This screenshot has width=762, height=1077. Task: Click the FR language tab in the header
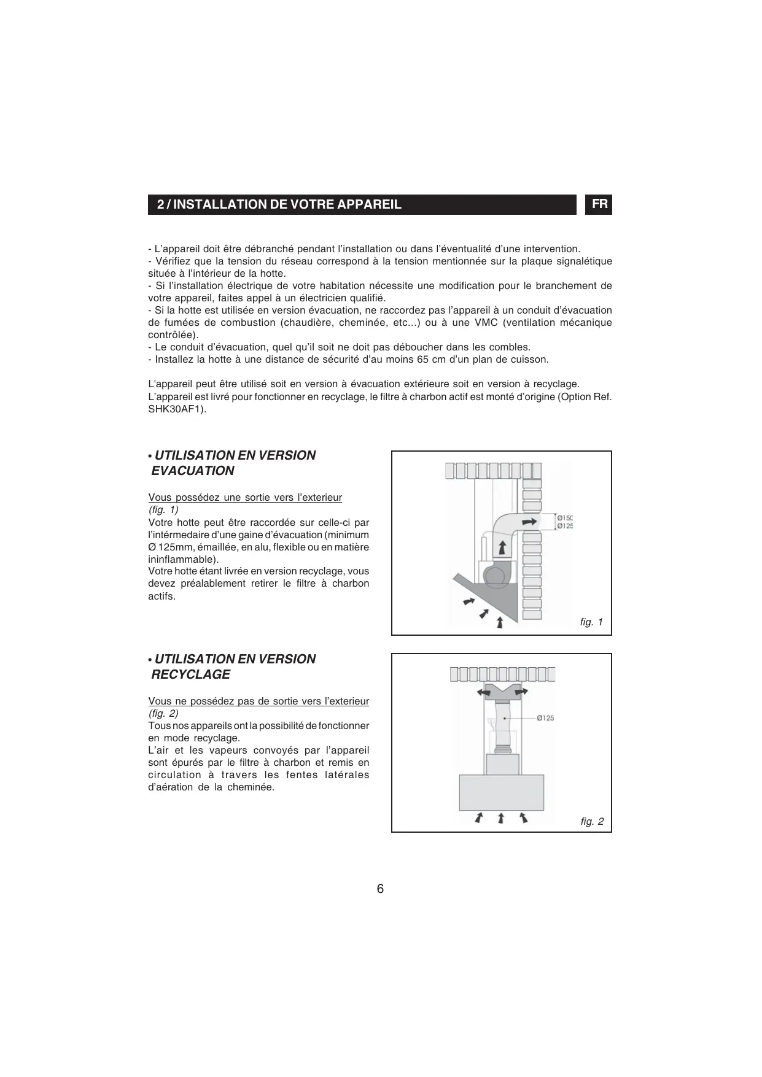coord(599,204)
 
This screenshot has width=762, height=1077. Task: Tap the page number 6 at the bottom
coord(380,889)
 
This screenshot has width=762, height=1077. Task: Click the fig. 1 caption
coord(591,622)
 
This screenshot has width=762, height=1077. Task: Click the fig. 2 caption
coord(592,821)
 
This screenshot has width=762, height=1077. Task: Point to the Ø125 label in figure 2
coord(545,718)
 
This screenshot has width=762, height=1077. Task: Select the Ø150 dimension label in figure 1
coord(565,518)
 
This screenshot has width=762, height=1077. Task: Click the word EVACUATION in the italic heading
coord(193,471)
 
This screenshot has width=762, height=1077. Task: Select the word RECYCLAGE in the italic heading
coord(191,674)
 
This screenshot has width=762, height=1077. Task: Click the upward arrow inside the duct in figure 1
coord(502,547)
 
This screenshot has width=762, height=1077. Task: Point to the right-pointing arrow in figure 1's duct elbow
coord(528,522)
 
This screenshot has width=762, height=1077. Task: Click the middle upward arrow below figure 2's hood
coord(501,817)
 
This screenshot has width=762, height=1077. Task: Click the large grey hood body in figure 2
coord(501,792)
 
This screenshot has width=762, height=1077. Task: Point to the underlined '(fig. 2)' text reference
coord(163,714)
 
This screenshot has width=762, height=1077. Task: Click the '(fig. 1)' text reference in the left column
coord(163,510)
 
